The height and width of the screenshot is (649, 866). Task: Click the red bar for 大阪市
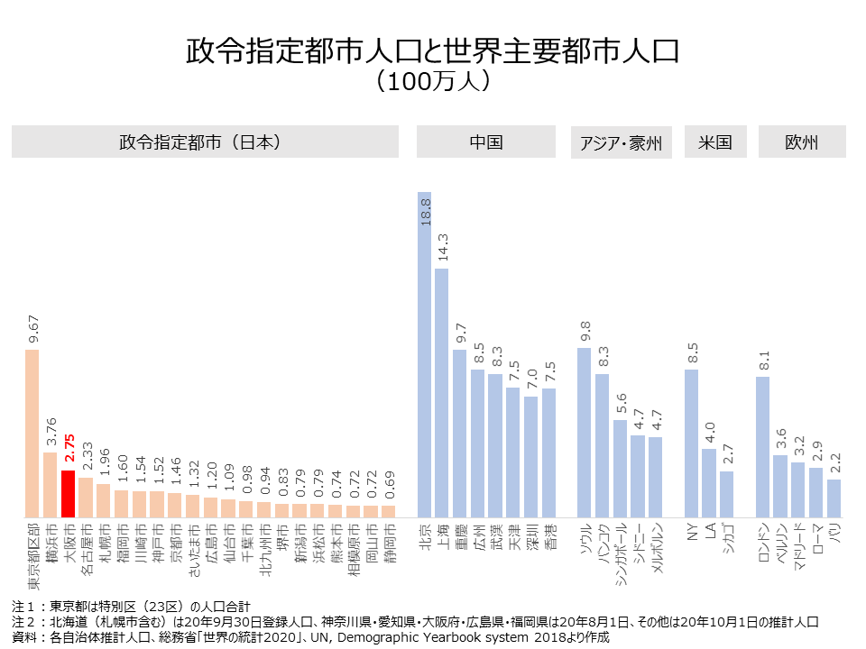tap(68, 493)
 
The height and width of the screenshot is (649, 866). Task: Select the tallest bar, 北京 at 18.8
tap(424, 354)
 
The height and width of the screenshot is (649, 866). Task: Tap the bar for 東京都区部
tap(32, 433)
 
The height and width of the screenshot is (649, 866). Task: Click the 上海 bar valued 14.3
tap(442, 392)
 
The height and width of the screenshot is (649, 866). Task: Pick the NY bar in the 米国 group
tap(692, 443)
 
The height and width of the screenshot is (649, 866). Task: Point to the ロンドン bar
tap(762, 446)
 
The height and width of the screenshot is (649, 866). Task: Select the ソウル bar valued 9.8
tap(585, 432)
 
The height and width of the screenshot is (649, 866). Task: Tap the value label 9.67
tap(32, 330)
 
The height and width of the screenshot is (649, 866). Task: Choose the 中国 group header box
tap(486, 142)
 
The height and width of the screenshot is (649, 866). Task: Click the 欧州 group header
tap(802, 142)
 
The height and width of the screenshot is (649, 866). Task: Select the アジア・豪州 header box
tap(622, 143)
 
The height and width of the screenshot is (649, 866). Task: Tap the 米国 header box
tap(715, 142)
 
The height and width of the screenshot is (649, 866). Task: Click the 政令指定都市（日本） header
tap(205, 142)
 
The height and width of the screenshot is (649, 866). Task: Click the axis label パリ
tap(834, 534)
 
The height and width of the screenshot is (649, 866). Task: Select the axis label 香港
tap(548, 537)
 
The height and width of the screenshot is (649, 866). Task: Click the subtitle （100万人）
tap(433, 80)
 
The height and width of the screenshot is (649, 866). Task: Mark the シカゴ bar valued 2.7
tap(727, 493)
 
